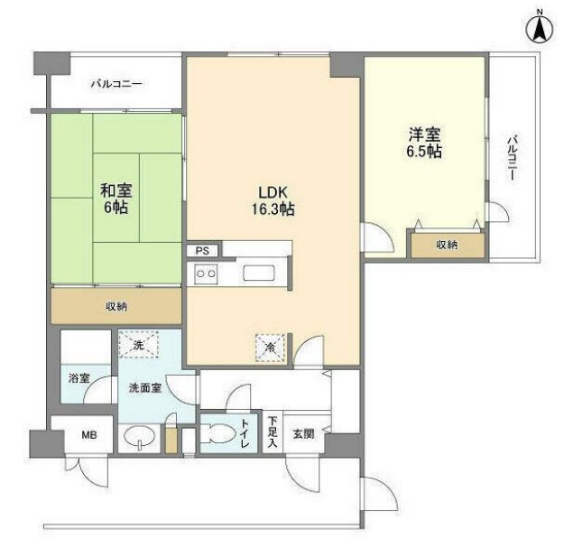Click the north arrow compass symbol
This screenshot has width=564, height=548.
pyautogui.click(x=539, y=30)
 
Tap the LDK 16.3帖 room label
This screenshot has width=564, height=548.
pyautogui.click(x=273, y=200)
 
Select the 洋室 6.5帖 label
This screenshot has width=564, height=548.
pyautogui.click(x=424, y=143)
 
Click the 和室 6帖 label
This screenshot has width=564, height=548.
pyautogui.click(x=116, y=199)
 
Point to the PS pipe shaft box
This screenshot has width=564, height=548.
pyautogui.click(x=202, y=250)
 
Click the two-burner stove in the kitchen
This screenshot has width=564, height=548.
pyautogui.click(x=206, y=274)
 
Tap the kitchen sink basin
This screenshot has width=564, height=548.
pyautogui.click(x=259, y=274)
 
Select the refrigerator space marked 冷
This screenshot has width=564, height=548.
pyautogui.click(x=270, y=348)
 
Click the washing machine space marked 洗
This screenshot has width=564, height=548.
pyautogui.click(x=138, y=344)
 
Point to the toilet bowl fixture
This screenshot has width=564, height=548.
pyautogui.click(x=217, y=434)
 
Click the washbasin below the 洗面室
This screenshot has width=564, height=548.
pyautogui.click(x=139, y=437)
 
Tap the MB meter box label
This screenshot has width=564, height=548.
pyautogui.click(x=88, y=435)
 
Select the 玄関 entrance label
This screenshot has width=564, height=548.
pyautogui.click(x=303, y=434)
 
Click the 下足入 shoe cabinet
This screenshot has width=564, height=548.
pyautogui.click(x=273, y=432)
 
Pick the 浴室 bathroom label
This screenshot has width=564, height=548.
pyautogui.click(x=79, y=378)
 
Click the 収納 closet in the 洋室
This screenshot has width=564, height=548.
pyautogui.click(x=448, y=245)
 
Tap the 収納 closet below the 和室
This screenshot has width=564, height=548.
pyautogui.click(x=116, y=306)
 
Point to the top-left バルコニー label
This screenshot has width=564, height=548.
pyautogui.click(x=116, y=84)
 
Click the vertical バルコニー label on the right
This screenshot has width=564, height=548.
pyautogui.click(x=513, y=158)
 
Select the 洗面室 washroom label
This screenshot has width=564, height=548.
pyautogui.click(x=145, y=388)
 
